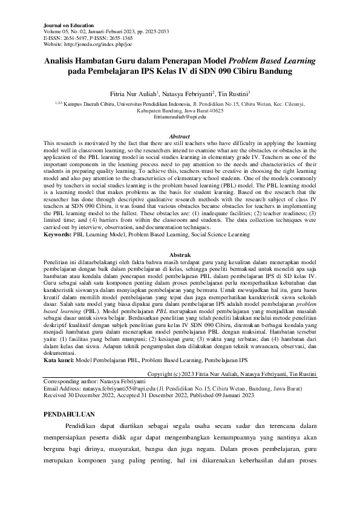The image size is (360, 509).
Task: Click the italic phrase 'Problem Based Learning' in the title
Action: [269, 61]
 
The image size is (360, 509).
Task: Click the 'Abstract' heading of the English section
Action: [180, 137]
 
